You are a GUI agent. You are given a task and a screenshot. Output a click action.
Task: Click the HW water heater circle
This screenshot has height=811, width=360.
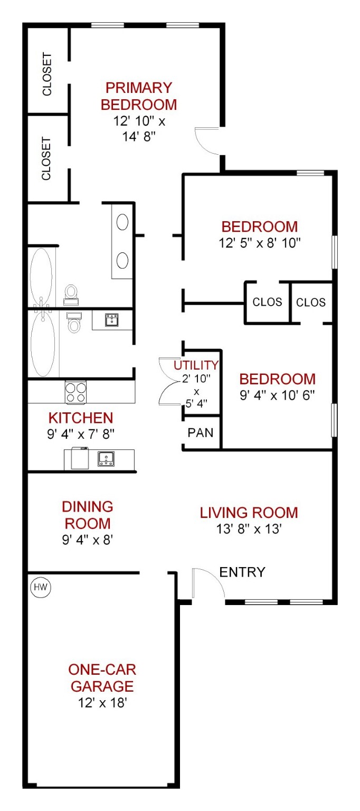click(41, 587)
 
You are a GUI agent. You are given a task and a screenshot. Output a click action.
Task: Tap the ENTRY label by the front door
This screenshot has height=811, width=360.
click(242, 572)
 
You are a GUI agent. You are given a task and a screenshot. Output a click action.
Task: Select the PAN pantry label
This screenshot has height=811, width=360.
click(201, 432)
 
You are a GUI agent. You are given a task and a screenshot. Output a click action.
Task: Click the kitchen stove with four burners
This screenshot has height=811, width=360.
click(75, 392)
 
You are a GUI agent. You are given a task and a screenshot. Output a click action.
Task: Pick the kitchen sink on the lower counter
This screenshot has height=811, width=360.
click(106, 459)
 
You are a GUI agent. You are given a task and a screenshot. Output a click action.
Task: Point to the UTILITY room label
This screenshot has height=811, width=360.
click(196, 365)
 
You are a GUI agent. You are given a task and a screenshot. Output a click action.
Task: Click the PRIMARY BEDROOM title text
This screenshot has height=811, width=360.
click(139, 96)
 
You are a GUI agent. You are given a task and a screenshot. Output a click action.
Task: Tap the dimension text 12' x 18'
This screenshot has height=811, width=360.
click(102, 703)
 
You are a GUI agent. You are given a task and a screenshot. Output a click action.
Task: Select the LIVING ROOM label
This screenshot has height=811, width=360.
click(249, 513)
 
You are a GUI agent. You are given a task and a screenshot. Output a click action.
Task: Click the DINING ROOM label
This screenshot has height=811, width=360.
click(88, 515)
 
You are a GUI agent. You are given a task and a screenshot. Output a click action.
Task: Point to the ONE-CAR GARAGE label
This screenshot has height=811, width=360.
click(102, 678)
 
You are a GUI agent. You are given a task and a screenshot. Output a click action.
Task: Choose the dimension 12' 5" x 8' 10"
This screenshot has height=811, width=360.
click(260, 243)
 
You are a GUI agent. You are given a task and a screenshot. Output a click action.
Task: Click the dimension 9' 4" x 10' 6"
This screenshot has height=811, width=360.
click(277, 395)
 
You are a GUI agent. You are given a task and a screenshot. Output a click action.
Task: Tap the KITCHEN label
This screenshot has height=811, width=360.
click(81, 418)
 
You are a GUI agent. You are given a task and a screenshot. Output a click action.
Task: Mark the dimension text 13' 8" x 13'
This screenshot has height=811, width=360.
click(249, 529)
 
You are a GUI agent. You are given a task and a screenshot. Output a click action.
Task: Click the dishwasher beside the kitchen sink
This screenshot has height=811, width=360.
click(80, 458)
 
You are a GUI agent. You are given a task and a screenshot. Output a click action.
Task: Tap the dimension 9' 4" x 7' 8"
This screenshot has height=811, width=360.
click(81, 433)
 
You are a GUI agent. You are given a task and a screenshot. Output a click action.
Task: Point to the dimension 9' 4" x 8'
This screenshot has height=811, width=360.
click(88, 540)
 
